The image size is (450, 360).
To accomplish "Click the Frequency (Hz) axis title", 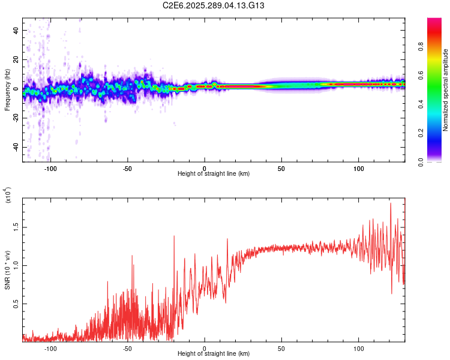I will [x=7, y=90].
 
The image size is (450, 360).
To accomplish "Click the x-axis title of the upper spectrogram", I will [x=214, y=174].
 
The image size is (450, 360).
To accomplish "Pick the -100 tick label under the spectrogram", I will [x=50, y=167].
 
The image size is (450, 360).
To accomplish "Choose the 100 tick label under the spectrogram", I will [x=358, y=167].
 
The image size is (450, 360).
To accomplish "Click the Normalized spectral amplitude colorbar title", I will [x=445, y=90].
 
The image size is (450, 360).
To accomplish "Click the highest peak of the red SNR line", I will [x=391, y=203].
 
